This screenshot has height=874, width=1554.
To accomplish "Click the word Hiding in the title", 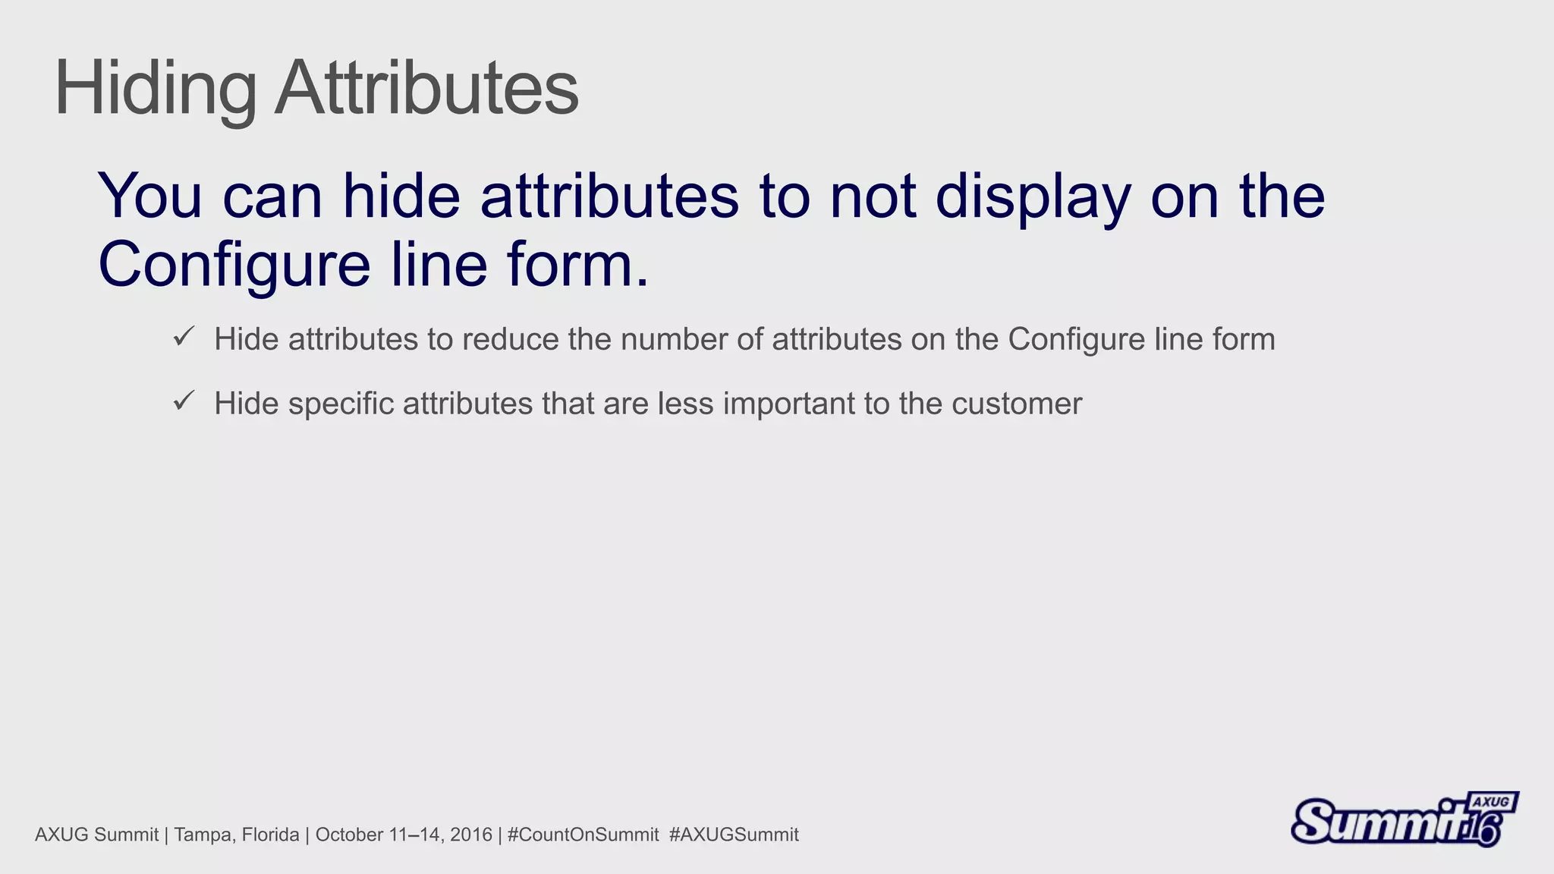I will click(156, 90).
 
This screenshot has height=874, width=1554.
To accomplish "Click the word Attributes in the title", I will click(426, 88).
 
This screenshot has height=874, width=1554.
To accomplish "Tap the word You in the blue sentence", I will click(150, 196).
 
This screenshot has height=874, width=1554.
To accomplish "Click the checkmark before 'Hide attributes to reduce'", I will click(184, 336).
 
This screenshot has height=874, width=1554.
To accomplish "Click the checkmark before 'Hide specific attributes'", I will click(184, 401).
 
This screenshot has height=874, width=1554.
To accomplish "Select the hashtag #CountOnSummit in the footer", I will click(583, 835).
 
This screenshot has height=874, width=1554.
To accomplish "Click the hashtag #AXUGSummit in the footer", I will click(734, 835).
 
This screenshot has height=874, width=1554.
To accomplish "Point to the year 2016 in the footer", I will click(471, 835).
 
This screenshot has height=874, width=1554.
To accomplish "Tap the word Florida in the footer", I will click(270, 835).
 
